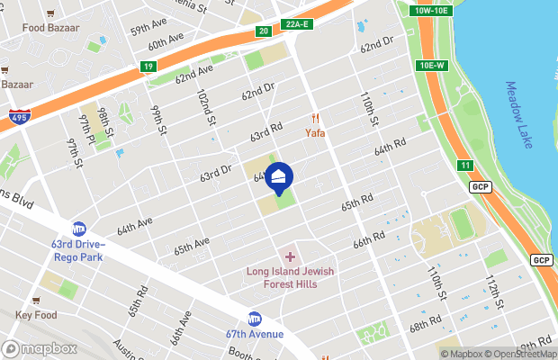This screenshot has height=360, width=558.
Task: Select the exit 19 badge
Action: click(147, 66)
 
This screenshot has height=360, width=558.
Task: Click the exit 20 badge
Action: click(263, 31)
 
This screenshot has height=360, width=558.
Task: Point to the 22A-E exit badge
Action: click(296, 24)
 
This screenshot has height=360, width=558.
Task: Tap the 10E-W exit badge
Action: click(433, 66)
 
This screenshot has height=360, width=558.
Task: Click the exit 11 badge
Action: click(464, 165)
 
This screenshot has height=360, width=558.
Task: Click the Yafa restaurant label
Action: click(314, 132)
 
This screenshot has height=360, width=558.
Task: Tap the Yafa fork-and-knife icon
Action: click(315, 118)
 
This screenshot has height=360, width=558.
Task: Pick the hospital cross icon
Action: click(290, 257)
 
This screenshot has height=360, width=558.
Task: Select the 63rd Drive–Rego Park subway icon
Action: click(79, 229)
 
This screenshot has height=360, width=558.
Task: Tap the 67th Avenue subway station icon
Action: click(255, 319)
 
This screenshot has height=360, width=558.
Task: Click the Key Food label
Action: click(36, 315)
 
